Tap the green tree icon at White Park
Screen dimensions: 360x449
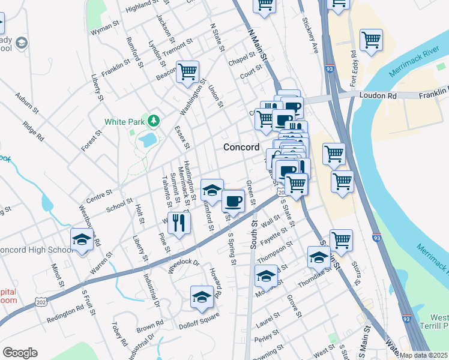[x=154, y=121]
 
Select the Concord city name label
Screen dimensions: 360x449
[x=241, y=147]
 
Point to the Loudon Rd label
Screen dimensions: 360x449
[x=379, y=95]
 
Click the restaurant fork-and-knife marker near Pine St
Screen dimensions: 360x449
[x=179, y=222]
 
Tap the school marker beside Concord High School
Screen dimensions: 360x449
[x=82, y=239]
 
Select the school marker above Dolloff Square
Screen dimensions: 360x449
[x=202, y=296]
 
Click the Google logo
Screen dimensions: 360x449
[x=20, y=353]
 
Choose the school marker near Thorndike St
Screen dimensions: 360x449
[x=319, y=257]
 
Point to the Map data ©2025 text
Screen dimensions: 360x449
[x=423, y=355]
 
